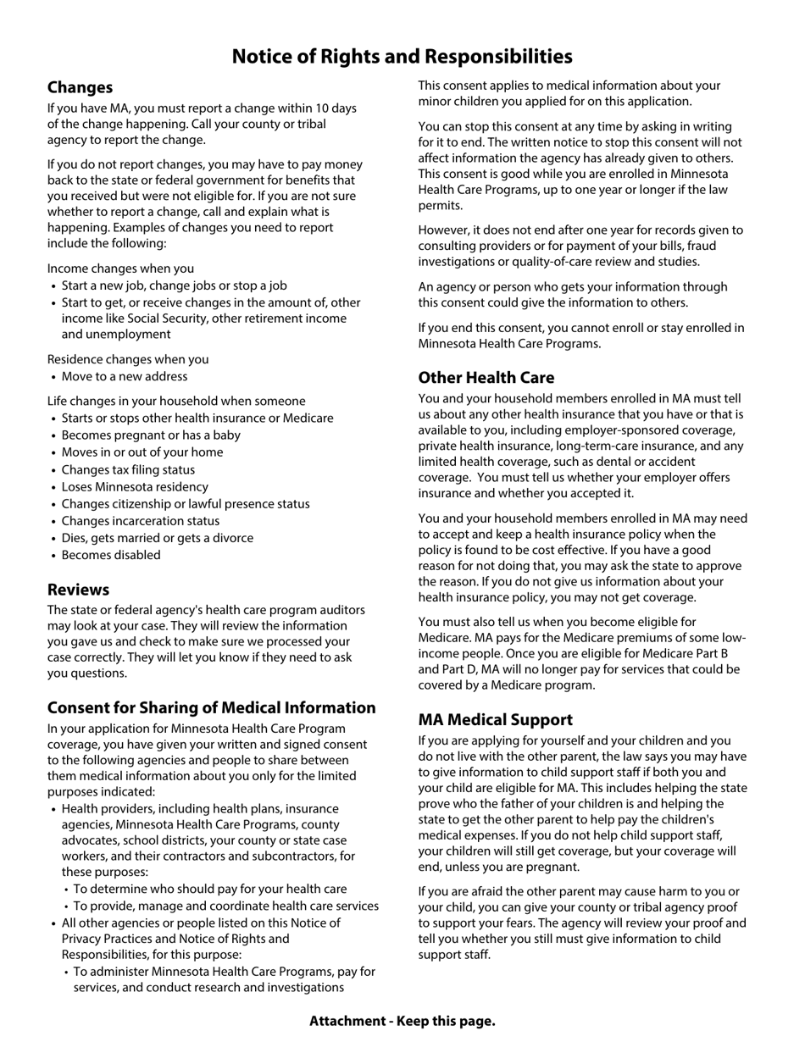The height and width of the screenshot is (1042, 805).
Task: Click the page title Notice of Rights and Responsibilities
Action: [x=402, y=56]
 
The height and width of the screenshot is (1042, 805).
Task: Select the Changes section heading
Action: [x=80, y=87]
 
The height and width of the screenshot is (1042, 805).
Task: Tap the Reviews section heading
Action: [x=78, y=590]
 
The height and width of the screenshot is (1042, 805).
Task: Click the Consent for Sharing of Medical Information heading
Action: [x=211, y=707]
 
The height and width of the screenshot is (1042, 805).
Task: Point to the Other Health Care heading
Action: [x=486, y=377]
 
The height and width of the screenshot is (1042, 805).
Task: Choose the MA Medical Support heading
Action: [x=495, y=719]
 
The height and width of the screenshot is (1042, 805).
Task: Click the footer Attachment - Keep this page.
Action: [x=402, y=1021]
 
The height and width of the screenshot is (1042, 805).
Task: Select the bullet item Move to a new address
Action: [x=125, y=376]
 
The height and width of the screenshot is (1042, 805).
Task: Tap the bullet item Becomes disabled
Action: [x=111, y=555]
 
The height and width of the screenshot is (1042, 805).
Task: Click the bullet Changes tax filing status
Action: [x=128, y=469]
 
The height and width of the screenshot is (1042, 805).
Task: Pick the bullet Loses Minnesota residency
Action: [x=135, y=487]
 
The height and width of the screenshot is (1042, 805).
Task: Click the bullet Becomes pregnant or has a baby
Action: [x=151, y=435]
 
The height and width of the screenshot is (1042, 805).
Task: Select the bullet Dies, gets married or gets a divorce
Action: [x=157, y=538]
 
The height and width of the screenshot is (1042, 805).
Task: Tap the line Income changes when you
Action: [x=120, y=269]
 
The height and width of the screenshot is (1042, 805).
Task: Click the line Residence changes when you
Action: [x=127, y=359]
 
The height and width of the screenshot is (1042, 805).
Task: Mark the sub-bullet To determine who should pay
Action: [x=210, y=889]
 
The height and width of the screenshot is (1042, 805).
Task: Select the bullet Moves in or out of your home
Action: [x=142, y=452]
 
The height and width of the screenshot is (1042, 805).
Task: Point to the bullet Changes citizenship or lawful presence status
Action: [x=186, y=504]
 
